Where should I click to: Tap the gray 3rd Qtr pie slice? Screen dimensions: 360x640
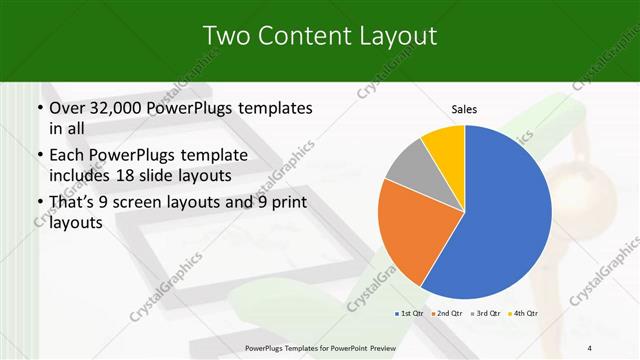point(406,169)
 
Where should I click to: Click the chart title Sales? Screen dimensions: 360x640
point(464,109)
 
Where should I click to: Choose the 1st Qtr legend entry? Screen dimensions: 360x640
point(411,314)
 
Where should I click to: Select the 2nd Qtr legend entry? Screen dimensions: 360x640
point(449,314)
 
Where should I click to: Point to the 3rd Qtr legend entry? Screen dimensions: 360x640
point(486,314)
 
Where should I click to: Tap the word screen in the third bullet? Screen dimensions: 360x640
point(146,203)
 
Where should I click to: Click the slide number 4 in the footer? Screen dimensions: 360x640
point(590,348)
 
